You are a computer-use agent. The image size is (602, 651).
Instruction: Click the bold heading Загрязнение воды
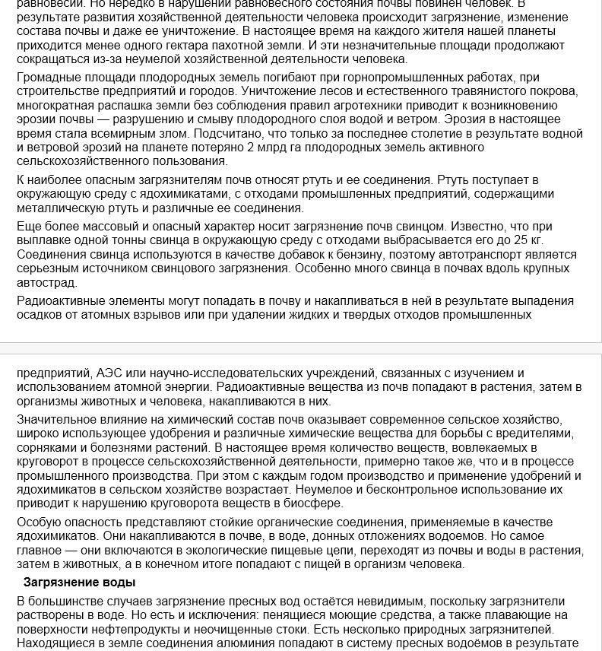coord(80,583)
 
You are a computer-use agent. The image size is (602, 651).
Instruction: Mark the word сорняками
coord(48,448)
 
